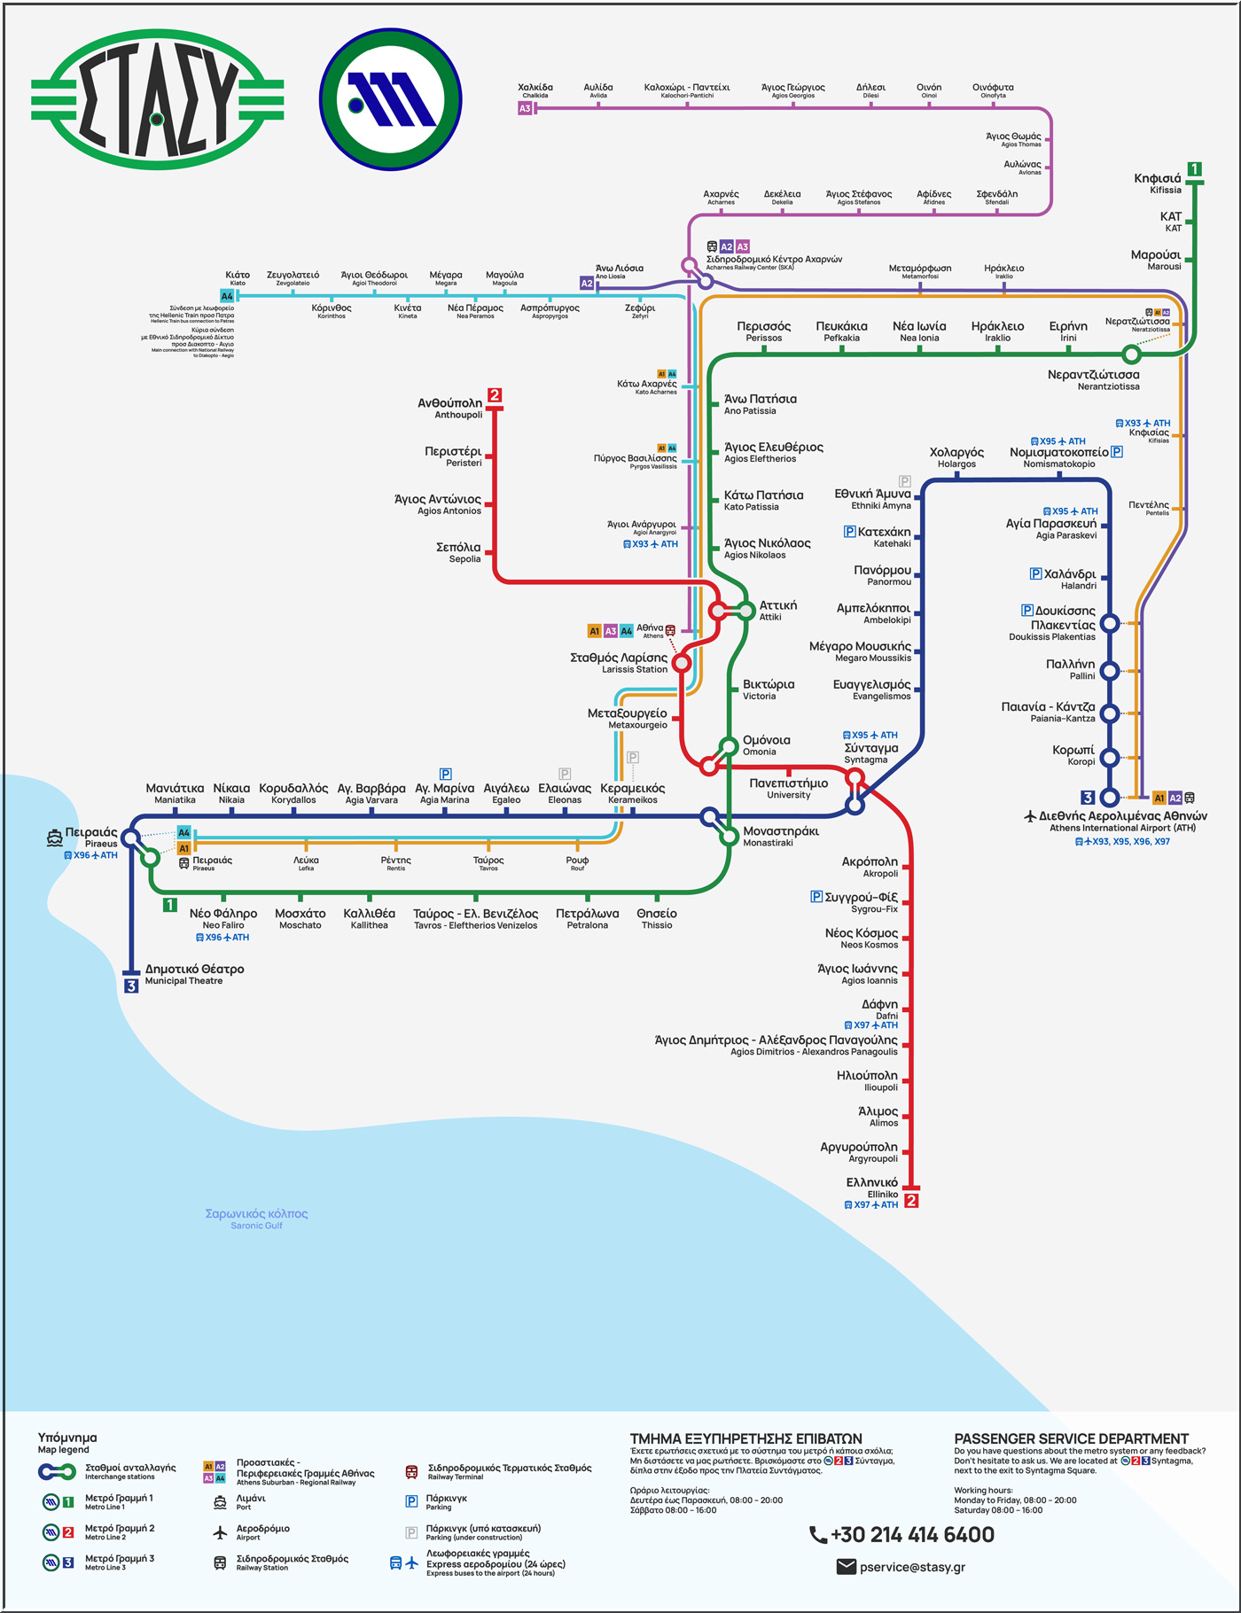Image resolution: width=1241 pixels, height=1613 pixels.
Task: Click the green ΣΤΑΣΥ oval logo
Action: [x=157, y=99]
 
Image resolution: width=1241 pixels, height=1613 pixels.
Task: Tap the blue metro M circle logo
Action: [x=390, y=99]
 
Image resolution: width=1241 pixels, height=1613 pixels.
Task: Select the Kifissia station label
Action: [x=1157, y=183]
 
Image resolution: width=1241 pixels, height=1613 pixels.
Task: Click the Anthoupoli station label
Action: [x=450, y=408]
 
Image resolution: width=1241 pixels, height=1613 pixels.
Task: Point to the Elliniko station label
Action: [x=872, y=1188]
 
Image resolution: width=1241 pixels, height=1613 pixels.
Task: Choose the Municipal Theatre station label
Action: [x=194, y=974]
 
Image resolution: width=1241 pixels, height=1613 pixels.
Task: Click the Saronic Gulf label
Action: [x=256, y=1219]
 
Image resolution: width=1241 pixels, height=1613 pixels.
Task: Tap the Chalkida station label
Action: [x=535, y=90]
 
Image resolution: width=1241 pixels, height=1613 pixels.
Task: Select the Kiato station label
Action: [x=238, y=277]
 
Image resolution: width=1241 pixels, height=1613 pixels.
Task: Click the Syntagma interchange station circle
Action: [x=855, y=778]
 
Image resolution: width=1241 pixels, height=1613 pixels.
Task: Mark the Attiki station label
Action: [x=777, y=610]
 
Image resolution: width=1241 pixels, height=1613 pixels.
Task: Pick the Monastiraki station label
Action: [x=781, y=836]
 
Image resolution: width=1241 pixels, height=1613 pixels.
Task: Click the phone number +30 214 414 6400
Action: [x=902, y=1535]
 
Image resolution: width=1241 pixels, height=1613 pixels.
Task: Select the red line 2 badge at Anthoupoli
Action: [x=495, y=395]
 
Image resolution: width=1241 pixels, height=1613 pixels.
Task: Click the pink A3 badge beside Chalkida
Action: [x=525, y=108]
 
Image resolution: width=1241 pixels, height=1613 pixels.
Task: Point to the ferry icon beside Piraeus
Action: [x=55, y=837]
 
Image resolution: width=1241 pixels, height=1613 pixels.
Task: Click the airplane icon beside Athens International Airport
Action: [x=1030, y=815]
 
